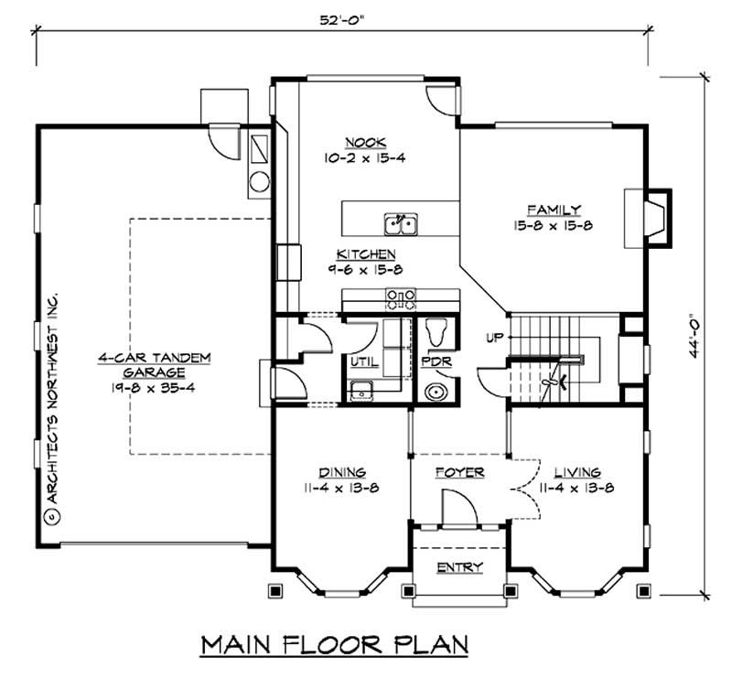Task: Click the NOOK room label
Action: [x=365, y=143]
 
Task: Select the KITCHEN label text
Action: [x=366, y=253]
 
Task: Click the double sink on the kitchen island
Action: [x=401, y=223]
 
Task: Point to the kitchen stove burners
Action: [x=401, y=296]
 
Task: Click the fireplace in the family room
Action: [x=651, y=218]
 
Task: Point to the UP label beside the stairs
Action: [x=492, y=338]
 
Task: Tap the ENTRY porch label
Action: [x=458, y=567]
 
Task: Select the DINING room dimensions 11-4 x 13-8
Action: [x=343, y=488]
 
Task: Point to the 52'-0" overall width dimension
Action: [x=341, y=19]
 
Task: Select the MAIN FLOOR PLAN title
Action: [x=335, y=643]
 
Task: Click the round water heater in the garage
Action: [x=259, y=181]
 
